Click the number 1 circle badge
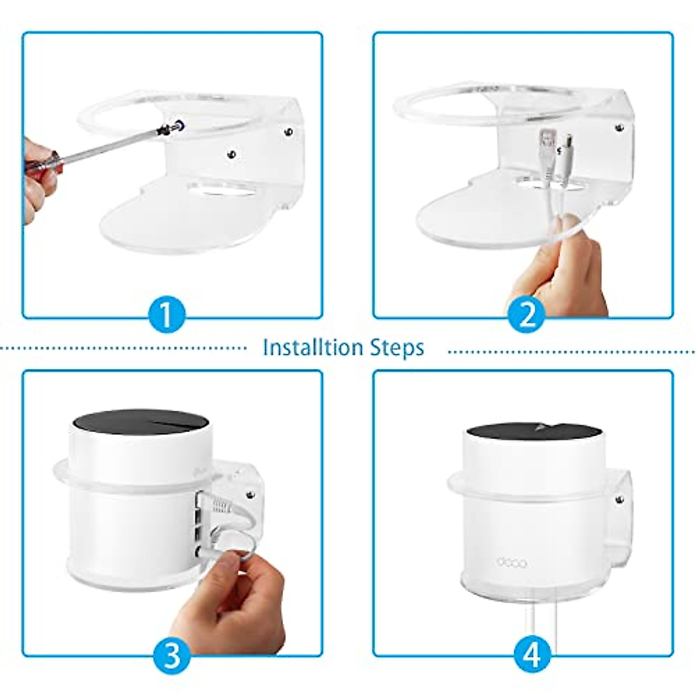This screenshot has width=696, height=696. pyautogui.click(x=166, y=316)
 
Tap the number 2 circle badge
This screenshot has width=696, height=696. pyautogui.click(x=526, y=316)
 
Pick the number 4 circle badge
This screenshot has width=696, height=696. pyautogui.click(x=532, y=656)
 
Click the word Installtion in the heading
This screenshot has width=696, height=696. pyautogui.click(x=312, y=347)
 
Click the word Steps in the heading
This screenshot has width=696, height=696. pyautogui.click(x=396, y=348)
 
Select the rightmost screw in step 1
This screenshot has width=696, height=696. pyautogui.click(x=288, y=133)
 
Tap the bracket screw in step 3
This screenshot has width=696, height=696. pyautogui.click(x=251, y=495)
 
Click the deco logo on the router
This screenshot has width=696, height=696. pyautogui.click(x=512, y=562)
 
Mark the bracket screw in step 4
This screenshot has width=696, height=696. pyautogui.click(x=619, y=498)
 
